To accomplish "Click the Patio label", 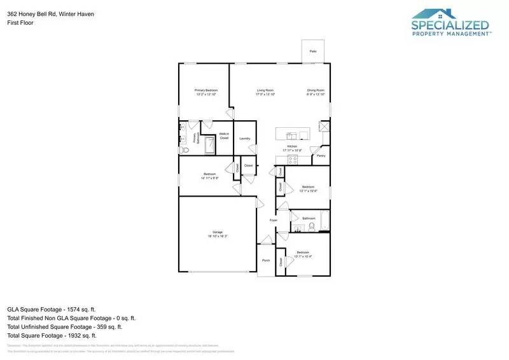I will (313, 51).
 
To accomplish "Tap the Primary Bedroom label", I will (206, 90).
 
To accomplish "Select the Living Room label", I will (265, 90).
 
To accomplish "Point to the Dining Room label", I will (316, 90).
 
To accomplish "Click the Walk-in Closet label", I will (224, 135).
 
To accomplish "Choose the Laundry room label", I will (244, 138).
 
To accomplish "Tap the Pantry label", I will (321, 155).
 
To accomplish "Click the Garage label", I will (217, 232).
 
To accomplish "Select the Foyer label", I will (274, 220).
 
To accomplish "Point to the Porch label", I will (266, 260).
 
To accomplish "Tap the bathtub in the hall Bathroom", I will (324, 221).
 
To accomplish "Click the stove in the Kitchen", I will (293, 160).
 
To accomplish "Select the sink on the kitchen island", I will (291, 135).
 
